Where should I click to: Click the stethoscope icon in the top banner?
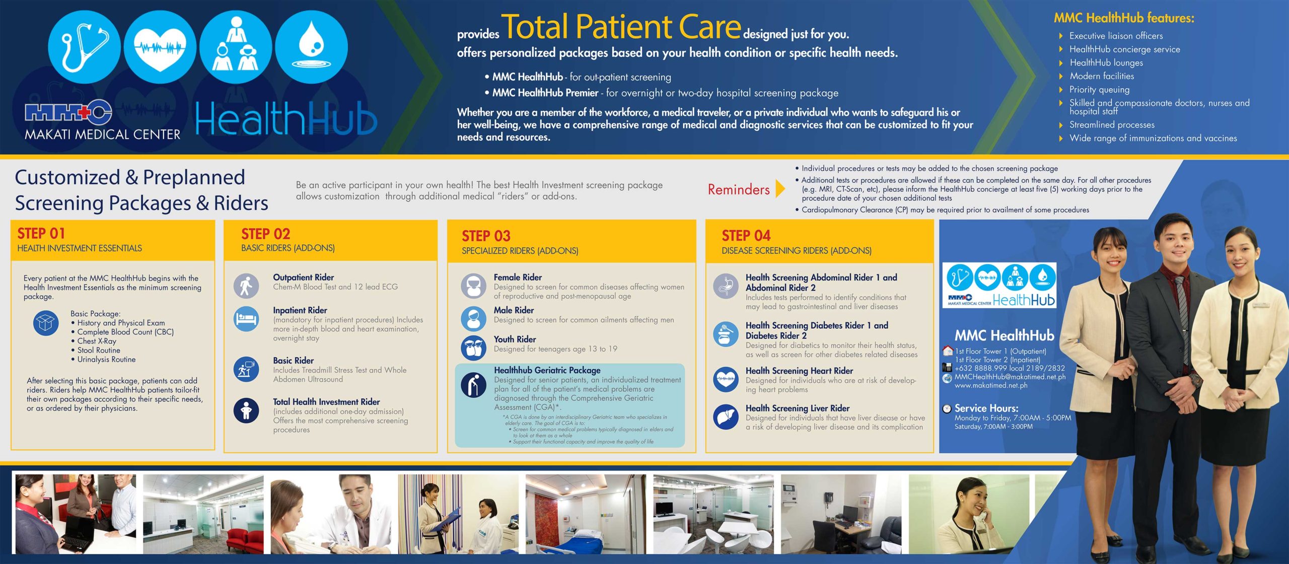click(x=84, y=47)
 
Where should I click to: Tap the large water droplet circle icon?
click(x=311, y=47)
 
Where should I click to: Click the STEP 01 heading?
click(x=41, y=234)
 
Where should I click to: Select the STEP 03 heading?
click(x=486, y=236)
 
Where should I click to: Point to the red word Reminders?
click(x=739, y=189)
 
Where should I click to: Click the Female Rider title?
click(x=518, y=277)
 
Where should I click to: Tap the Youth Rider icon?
click(x=473, y=347)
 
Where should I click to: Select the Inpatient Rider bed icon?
click(x=246, y=319)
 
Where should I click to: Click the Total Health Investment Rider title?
click(x=326, y=402)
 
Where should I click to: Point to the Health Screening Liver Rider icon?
click(x=726, y=417)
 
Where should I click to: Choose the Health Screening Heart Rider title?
click(x=799, y=371)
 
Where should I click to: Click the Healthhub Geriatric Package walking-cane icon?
click(x=473, y=385)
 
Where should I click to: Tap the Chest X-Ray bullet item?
click(x=97, y=341)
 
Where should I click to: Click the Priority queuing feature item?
click(x=1100, y=90)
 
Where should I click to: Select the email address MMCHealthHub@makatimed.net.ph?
click(x=1010, y=377)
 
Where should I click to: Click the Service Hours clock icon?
click(x=947, y=408)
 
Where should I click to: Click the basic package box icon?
click(x=45, y=323)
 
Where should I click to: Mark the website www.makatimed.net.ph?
click(x=991, y=386)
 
